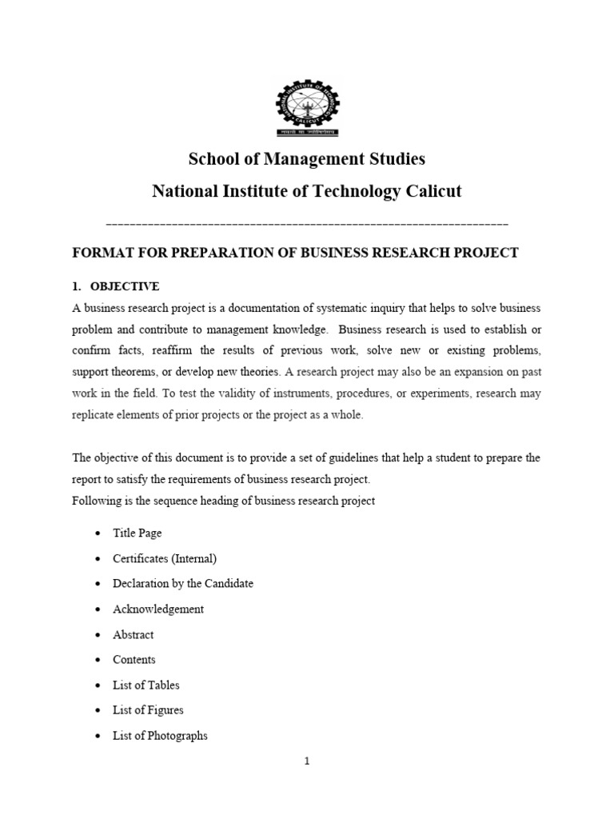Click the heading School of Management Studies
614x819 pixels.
(x=307, y=159)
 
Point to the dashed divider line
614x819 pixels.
(x=307, y=223)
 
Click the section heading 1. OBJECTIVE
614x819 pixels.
(x=116, y=286)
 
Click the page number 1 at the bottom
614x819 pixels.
(x=307, y=761)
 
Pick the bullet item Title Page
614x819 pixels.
(x=138, y=533)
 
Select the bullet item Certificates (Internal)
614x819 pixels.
(x=165, y=558)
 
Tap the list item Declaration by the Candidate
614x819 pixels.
(x=183, y=583)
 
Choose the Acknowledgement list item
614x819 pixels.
(x=158, y=609)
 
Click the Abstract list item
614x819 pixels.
(x=134, y=634)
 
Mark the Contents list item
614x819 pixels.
(x=134, y=660)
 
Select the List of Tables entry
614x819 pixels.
(x=146, y=685)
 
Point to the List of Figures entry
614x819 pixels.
(x=149, y=710)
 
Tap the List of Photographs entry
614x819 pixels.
(x=160, y=736)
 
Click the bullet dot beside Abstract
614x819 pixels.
(x=97, y=635)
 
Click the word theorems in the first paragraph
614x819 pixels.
(x=136, y=373)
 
